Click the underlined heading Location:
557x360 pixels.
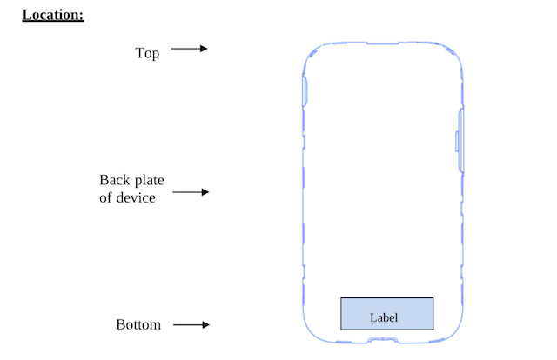point(53,16)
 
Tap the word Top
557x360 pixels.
point(147,53)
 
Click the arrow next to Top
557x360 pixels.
point(189,49)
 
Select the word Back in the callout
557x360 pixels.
point(114,180)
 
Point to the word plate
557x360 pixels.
point(149,181)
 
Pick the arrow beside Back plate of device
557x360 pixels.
point(191,192)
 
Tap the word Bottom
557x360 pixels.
point(138,325)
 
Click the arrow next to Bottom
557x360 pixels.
point(191,324)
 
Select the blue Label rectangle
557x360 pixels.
point(386,314)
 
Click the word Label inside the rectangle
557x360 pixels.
point(384,317)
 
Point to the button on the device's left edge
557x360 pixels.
point(305,91)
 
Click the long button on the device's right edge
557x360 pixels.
point(461,141)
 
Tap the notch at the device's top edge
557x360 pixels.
point(383,43)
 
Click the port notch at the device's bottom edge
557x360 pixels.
point(383,340)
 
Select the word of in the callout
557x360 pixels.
point(105,197)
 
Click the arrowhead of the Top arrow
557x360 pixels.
point(204,49)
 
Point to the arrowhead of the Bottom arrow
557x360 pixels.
point(205,324)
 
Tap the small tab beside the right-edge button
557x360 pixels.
point(457,141)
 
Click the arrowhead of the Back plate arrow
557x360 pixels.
point(205,192)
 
